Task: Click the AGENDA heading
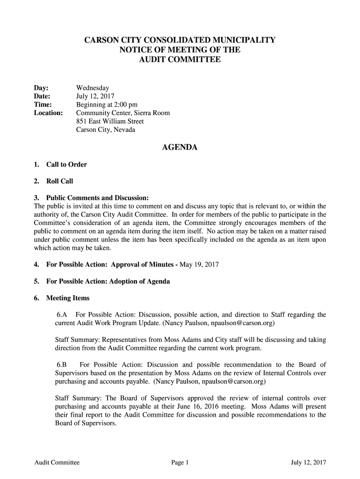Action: click(x=180, y=148)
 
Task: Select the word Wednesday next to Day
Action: click(x=93, y=88)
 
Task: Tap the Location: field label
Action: click(x=49, y=113)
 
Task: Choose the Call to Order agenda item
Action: click(x=66, y=165)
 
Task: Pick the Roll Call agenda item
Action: click(x=59, y=181)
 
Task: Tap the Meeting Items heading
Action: click(x=67, y=298)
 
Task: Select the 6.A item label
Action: click(x=62, y=315)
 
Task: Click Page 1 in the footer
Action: click(x=180, y=463)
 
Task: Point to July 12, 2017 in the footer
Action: click(x=308, y=463)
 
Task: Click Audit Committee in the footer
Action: click(x=57, y=463)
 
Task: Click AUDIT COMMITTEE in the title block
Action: click(x=180, y=60)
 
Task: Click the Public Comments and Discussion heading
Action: click(x=97, y=197)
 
